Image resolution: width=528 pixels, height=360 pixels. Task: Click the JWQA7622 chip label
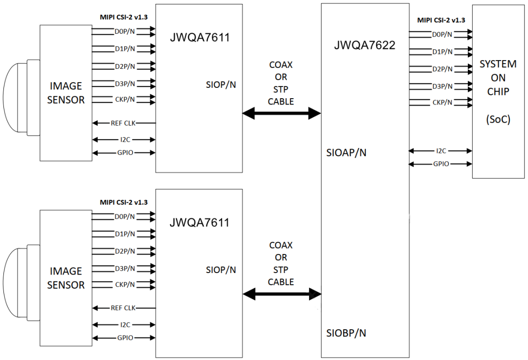tap(365, 45)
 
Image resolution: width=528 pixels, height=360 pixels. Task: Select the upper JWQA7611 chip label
tap(199, 38)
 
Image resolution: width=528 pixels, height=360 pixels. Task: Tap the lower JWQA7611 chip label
tap(199, 223)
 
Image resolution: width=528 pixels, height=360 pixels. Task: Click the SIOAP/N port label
tap(347, 152)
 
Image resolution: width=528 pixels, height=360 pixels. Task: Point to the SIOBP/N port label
tap(346, 333)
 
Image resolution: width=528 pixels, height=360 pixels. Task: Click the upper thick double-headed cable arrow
tap(282, 114)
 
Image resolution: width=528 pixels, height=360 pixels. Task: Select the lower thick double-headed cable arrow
tap(282, 294)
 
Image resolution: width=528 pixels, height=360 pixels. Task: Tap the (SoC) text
tap(498, 119)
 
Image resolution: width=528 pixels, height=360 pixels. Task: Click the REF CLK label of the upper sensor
tap(123, 123)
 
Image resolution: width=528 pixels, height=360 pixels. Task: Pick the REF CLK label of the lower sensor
tap(123, 308)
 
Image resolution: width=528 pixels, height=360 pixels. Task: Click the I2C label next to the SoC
tap(441, 151)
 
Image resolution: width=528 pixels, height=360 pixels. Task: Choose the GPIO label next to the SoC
tap(441, 164)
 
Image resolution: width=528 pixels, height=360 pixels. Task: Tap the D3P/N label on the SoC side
tap(442, 86)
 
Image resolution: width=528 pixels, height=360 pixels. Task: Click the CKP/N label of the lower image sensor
tap(125, 284)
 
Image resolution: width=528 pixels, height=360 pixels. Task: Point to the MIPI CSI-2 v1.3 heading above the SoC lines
tap(441, 20)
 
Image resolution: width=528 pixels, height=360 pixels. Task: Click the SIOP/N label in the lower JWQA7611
tap(221, 270)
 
